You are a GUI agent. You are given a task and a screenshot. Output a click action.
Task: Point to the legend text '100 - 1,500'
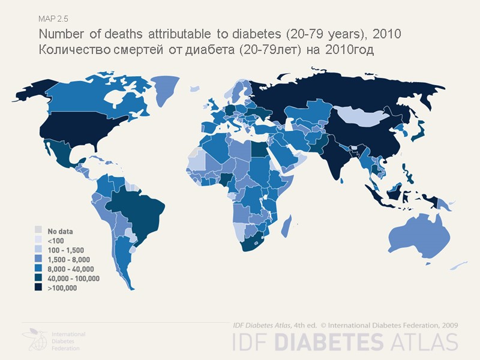(x=66, y=250)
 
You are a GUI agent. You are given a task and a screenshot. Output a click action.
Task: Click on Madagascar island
(x=287, y=227)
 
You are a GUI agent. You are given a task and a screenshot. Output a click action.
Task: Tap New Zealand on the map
(x=461, y=264)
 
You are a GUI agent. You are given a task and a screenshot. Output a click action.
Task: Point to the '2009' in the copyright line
(x=448, y=325)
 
